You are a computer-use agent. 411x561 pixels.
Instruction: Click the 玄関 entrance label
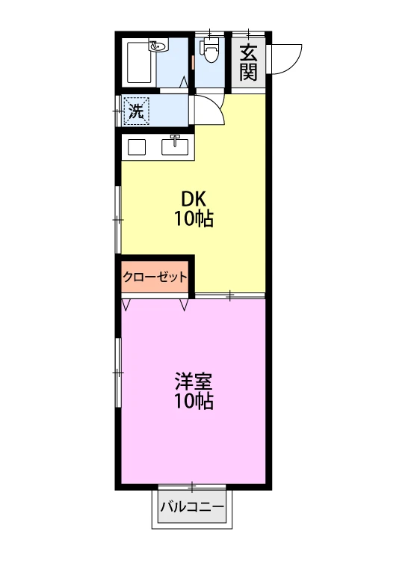(248, 63)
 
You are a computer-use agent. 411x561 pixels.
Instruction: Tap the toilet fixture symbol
(211, 50)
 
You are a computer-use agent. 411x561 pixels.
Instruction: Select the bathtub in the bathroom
(139, 63)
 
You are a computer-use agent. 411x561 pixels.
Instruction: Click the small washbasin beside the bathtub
(158, 46)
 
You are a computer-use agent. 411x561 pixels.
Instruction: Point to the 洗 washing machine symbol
(136, 111)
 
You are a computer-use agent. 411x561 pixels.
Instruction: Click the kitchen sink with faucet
(175, 145)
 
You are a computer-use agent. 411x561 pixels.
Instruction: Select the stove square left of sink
(137, 147)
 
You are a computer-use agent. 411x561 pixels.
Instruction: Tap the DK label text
(194, 198)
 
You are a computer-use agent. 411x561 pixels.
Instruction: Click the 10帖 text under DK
(194, 218)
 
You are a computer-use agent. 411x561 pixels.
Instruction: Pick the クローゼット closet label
(155, 277)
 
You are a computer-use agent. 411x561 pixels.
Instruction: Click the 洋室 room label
(194, 381)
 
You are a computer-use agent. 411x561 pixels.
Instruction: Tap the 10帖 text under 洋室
(194, 401)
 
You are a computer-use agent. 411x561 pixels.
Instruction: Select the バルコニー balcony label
(192, 506)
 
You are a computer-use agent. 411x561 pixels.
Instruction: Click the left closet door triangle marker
(126, 305)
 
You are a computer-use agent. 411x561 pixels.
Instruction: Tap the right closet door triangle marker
(184, 305)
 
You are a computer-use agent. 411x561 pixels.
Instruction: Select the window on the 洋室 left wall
(118, 373)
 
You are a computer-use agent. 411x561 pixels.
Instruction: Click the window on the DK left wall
(118, 219)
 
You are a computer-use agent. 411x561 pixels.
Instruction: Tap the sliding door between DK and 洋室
(230, 296)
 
